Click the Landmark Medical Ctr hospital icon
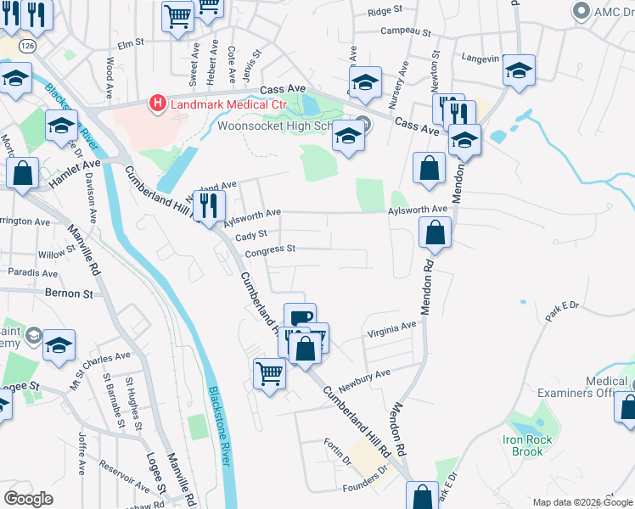pos(158,104)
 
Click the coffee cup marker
pos(300,318)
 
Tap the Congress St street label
pos(270,250)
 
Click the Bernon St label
pos(75,294)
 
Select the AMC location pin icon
pos(582,11)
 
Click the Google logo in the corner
pos(28,499)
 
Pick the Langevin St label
pos(478,58)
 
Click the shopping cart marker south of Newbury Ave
pos(269,372)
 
